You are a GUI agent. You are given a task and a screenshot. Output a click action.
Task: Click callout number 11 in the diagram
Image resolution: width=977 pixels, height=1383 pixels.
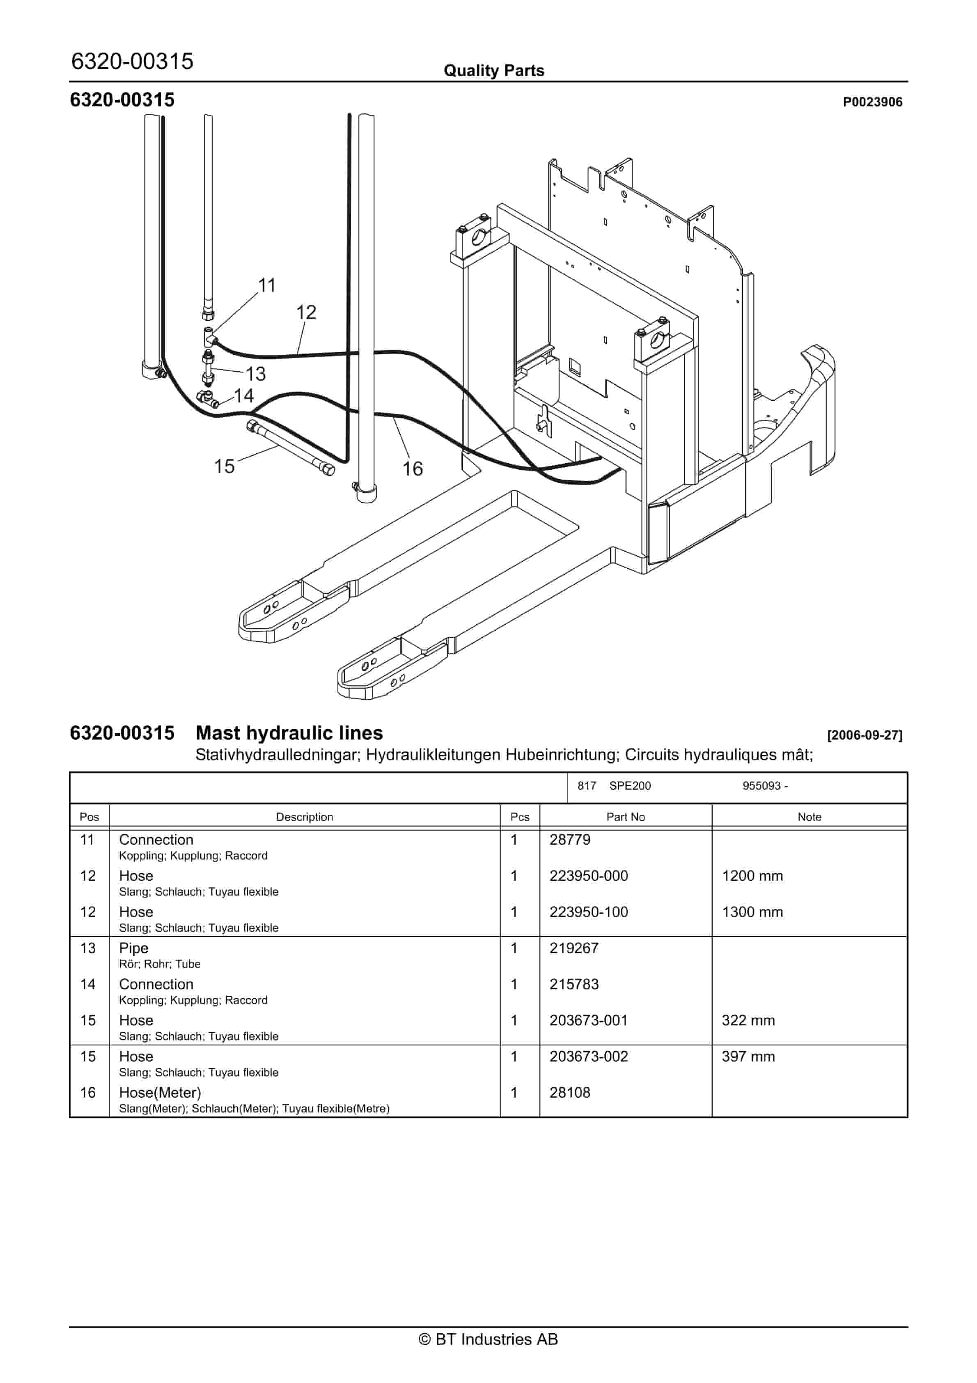pos(267,285)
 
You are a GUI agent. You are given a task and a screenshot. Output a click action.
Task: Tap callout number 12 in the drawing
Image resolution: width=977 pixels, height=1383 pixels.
pos(306,312)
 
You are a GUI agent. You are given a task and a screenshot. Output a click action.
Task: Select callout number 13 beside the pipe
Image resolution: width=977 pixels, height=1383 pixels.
pos(255,374)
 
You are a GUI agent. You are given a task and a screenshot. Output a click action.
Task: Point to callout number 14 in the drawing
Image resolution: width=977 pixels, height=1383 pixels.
pos(244,396)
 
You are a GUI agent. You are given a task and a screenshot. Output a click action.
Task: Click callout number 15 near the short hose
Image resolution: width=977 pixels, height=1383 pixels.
pos(224,466)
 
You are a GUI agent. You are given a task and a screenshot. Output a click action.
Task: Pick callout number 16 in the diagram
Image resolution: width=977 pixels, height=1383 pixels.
pos(413,469)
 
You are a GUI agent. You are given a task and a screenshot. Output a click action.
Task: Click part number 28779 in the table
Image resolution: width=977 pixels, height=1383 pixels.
pos(570,840)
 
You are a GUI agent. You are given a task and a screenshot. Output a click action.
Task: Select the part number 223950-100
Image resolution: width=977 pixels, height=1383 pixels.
pos(589,912)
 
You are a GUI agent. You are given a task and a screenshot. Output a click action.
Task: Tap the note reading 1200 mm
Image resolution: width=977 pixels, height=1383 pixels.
pos(752,876)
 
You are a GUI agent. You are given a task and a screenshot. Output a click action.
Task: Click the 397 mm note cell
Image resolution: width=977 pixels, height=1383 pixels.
pos(748,1057)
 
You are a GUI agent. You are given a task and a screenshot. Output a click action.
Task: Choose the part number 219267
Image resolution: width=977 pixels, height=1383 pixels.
pos(574,948)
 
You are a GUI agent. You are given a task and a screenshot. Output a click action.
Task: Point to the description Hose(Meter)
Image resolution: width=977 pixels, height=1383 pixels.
pos(160,1093)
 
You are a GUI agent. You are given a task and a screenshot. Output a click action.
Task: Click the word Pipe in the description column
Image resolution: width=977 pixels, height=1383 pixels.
pos(133,948)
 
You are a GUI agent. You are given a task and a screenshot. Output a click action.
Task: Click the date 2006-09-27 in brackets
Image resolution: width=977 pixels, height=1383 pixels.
pos(865,735)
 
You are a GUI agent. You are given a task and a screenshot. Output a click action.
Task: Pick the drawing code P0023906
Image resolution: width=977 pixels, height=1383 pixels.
pos(872,102)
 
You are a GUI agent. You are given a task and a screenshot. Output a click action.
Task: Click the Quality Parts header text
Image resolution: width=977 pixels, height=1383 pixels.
pos(494,71)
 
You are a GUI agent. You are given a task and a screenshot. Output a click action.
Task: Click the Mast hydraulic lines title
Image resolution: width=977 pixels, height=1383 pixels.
pos(289,733)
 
